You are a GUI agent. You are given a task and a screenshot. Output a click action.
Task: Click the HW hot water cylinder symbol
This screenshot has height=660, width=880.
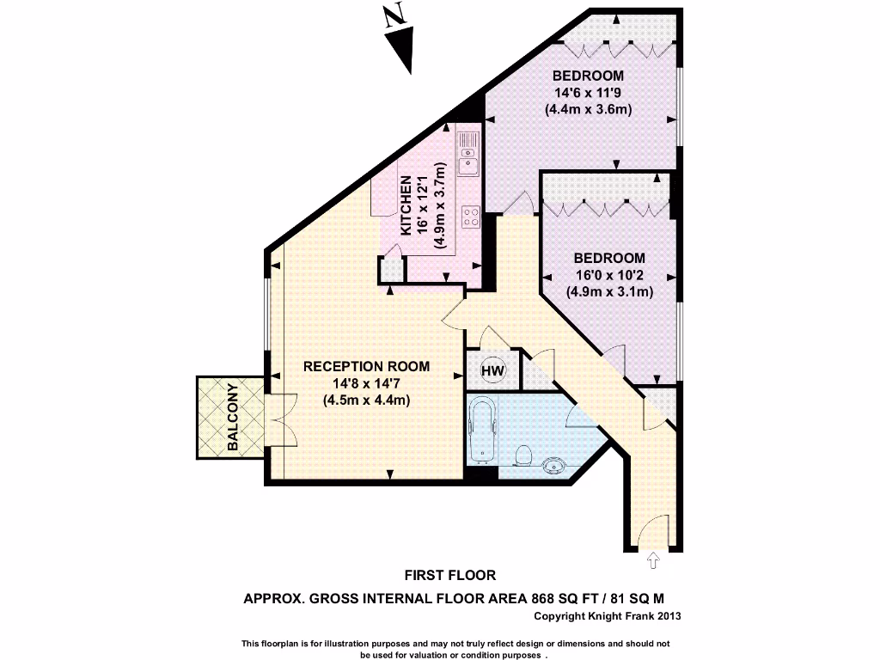click(x=492, y=371)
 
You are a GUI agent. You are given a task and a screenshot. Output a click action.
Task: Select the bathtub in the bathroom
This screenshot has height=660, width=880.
click(x=483, y=429)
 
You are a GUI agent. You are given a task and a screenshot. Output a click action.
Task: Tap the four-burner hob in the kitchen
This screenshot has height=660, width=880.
click(x=470, y=217)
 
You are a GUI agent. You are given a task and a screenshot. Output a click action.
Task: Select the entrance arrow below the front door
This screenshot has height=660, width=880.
click(x=652, y=561)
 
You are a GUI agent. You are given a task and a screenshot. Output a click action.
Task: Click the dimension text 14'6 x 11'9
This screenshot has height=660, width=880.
click(x=588, y=92)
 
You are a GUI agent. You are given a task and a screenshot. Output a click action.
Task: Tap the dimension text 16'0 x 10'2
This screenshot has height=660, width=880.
click(x=609, y=275)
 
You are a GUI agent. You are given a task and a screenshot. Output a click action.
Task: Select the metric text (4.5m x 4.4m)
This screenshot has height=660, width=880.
click(x=366, y=400)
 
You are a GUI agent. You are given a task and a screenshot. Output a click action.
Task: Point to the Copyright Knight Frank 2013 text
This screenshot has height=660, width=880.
click(x=608, y=616)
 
